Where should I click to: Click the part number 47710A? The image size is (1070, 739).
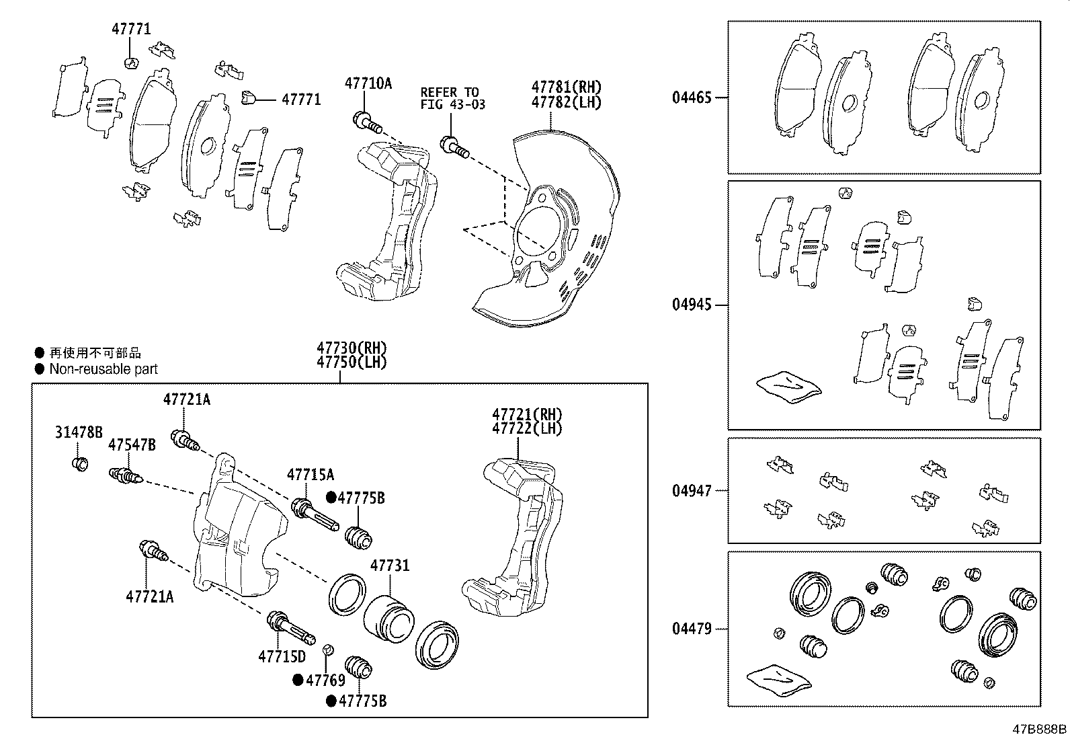368,83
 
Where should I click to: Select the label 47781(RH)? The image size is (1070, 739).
566,87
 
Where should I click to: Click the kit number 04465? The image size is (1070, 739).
692,98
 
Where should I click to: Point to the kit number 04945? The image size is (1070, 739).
692,305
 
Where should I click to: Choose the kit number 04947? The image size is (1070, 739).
692,491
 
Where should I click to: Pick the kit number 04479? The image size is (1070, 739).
692,629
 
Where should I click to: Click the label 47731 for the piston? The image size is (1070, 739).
390,566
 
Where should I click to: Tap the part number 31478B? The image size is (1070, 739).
79,432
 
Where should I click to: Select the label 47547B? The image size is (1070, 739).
132,444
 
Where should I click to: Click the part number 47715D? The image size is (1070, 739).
282,656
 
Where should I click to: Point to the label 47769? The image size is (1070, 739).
325,680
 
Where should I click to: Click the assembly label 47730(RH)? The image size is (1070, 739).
352,348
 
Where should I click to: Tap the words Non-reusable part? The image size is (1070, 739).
104,368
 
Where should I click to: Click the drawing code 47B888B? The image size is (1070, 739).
1040,729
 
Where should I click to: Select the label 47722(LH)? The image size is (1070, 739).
527,428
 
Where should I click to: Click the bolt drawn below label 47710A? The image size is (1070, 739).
366,123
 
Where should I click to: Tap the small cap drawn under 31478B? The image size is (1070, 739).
80,463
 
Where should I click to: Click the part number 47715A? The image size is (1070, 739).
311,475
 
